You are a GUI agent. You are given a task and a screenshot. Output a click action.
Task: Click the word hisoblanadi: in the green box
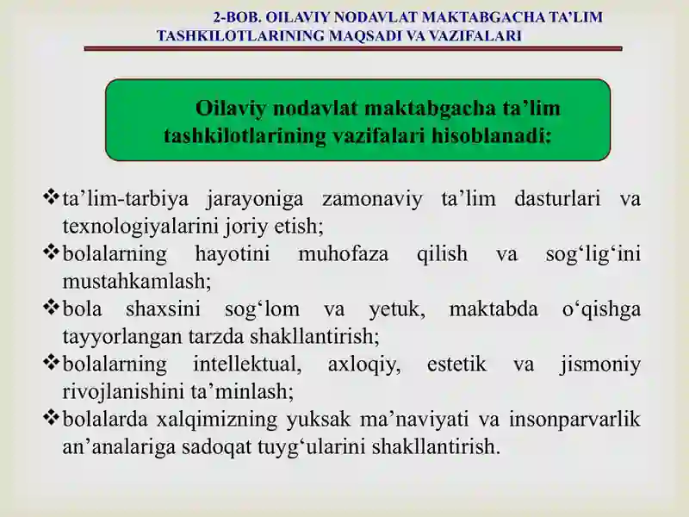[491, 135]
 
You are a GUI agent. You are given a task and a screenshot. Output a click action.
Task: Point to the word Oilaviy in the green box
[231, 109]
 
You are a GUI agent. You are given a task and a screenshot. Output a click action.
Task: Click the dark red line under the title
[353, 49]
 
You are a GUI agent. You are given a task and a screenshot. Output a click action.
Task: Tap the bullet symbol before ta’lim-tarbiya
[51, 196]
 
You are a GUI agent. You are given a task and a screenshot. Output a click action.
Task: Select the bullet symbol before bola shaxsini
[51, 307]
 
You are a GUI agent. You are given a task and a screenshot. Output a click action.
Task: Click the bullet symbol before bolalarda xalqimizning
[51, 417]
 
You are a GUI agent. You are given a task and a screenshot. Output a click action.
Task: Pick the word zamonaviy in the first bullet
[372, 200]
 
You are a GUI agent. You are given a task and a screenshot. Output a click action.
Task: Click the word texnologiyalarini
[140, 227]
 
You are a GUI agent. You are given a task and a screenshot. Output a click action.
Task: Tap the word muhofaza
[343, 254]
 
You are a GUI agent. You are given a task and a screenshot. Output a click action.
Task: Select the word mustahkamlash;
[137, 282]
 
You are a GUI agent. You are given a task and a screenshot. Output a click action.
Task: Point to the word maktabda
[493, 308]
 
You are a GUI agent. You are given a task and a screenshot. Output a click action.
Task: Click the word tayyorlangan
[122, 337]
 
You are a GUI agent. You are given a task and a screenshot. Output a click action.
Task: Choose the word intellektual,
[247, 364]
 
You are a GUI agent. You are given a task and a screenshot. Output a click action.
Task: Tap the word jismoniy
[600, 365]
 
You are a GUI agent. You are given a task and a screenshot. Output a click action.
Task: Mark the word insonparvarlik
[574, 420]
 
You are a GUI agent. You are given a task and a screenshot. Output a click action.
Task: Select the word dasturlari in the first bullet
[557, 199]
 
